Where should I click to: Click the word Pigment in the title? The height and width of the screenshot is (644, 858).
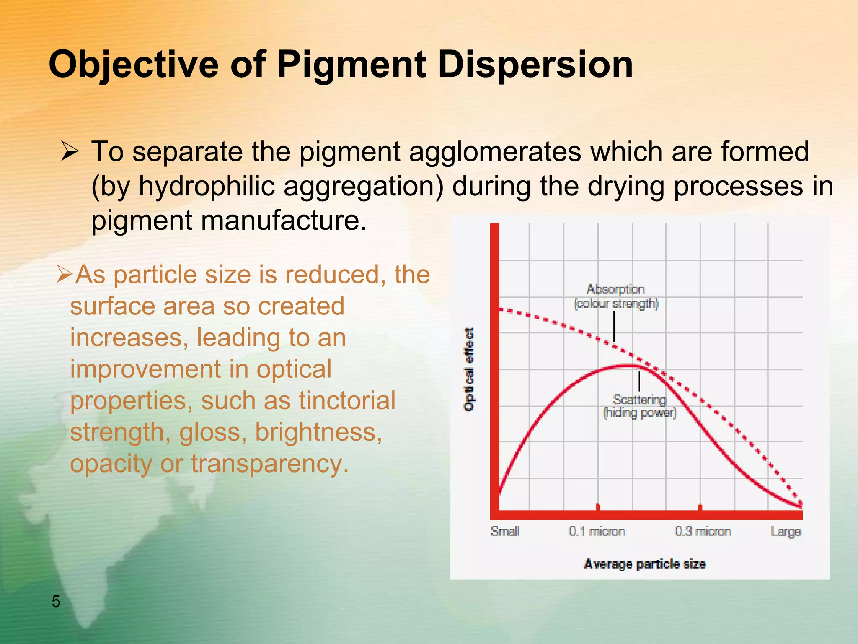[x=351, y=65]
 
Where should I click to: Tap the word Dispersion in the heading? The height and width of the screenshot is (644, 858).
[x=535, y=65]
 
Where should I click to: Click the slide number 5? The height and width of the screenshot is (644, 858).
[x=56, y=602]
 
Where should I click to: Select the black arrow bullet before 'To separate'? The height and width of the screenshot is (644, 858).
[x=69, y=151]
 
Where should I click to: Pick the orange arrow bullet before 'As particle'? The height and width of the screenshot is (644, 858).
[x=65, y=275]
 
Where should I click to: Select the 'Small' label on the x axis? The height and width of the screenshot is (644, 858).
[x=505, y=531]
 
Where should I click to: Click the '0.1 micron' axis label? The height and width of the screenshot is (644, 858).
[x=597, y=531]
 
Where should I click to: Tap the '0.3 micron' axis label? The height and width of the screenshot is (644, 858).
[x=703, y=531]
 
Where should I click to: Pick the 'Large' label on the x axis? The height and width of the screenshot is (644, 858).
[x=786, y=531]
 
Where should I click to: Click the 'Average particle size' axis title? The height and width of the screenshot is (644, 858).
[x=645, y=564]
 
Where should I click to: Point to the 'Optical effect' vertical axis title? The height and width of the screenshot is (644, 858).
[x=469, y=369]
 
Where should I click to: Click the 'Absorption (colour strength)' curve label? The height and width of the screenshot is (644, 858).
[x=615, y=296]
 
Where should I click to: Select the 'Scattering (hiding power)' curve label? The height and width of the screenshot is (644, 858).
[x=639, y=406]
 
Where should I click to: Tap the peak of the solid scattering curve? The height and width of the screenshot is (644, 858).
[x=628, y=366]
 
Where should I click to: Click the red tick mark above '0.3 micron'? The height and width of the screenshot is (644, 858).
[x=700, y=507]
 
